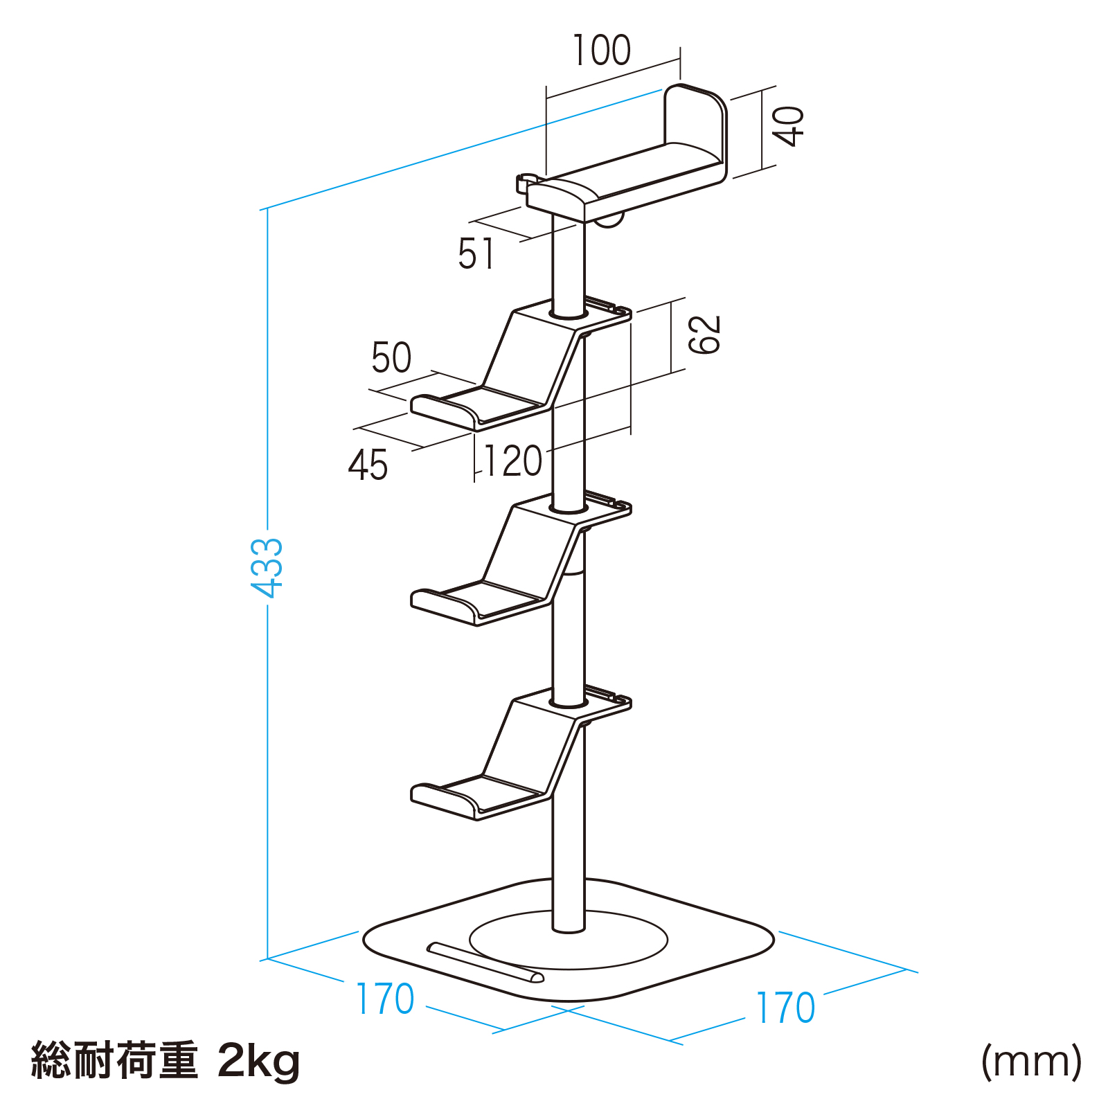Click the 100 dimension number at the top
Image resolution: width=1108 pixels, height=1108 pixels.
pos(602,50)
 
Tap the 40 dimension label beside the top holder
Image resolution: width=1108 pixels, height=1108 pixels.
pos(788,126)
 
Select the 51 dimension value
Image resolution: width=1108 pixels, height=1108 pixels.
pos(476,253)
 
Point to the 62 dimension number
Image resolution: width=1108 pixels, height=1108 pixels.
pos(704,334)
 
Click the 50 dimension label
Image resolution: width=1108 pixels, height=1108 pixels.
pos(391,357)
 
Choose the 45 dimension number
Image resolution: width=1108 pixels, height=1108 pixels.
pos(368,465)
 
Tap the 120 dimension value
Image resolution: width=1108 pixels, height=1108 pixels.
pos(512,461)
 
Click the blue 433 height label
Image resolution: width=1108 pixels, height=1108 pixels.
pos(267,568)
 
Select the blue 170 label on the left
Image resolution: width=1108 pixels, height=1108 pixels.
pos(385,999)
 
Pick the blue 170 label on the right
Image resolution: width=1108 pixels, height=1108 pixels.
pos(785,1008)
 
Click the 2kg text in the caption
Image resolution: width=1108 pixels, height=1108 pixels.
pos(260,1062)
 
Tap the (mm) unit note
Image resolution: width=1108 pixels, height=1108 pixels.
pos(1031,1061)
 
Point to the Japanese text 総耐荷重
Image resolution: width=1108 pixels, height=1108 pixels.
pos(115,1060)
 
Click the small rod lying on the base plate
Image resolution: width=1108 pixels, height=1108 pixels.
pos(485,962)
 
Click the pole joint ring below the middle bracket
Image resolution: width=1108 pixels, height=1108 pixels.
pos(569,572)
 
